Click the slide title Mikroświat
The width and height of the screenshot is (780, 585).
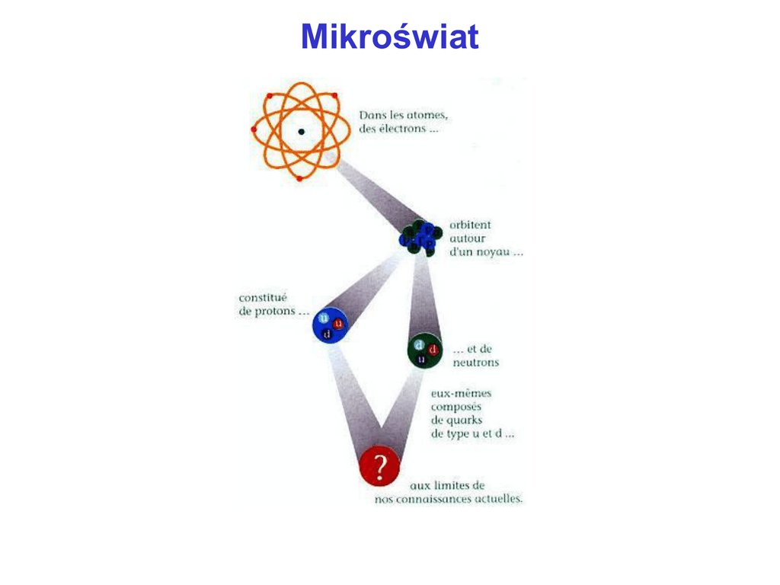point(389,37)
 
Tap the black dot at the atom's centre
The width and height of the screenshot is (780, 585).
point(302,132)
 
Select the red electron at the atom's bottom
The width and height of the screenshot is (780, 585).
point(299,179)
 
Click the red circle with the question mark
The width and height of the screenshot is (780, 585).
point(379,465)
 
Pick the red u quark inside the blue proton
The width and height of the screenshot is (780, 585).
point(338,323)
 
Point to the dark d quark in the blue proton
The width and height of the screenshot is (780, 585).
point(327,334)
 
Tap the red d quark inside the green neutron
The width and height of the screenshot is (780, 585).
point(433,350)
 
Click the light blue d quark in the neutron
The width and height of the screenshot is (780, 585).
point(419,345)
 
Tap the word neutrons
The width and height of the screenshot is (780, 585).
point(476,363)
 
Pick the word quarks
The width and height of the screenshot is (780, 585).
point(464,420)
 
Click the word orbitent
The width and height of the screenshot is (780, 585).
point(470,225)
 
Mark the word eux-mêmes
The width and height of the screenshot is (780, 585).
point(462,393)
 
